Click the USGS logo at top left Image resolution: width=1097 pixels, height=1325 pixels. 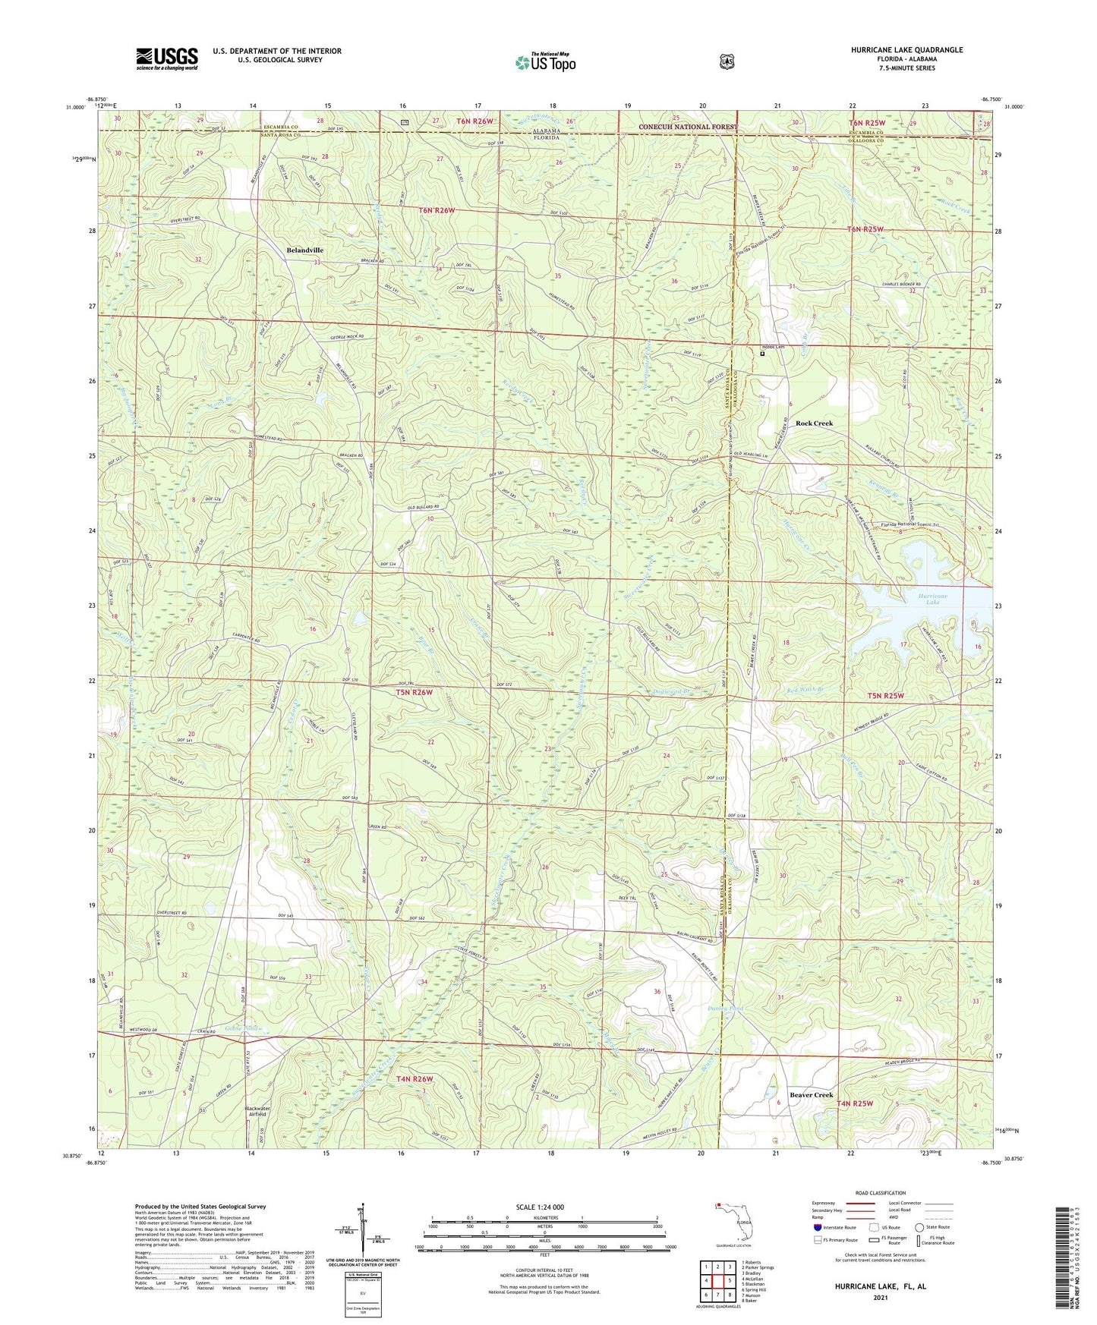[x=167, y=58]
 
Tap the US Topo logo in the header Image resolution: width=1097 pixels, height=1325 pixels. [x=545, y=62]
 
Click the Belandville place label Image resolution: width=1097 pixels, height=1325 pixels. [x=304, y=250]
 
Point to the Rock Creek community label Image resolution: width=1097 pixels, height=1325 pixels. [x=814, y=423]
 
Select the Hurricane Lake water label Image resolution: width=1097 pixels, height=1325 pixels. [x=933, y=600]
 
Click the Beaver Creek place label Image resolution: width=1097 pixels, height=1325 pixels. [x=811, y=1095]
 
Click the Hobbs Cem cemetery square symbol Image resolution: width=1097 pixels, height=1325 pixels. [x=762, y=353]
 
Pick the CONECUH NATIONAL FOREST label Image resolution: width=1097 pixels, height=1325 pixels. [x=688, y=127]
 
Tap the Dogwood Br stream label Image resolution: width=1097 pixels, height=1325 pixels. [x=670, y=691]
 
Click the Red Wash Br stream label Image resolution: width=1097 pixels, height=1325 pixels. [x=802, y=689]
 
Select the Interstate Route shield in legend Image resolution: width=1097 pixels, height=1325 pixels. [x=817, y=1226]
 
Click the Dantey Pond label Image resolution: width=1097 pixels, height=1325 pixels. [x=725, y=1009]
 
